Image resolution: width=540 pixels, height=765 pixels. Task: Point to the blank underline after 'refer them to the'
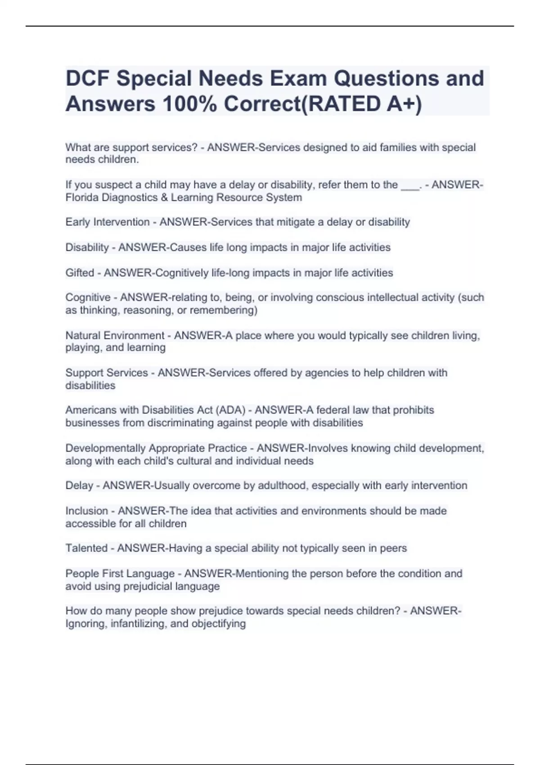(409, 185)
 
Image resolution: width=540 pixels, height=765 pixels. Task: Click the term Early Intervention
(107, 222)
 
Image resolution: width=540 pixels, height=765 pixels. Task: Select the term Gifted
(80, 273)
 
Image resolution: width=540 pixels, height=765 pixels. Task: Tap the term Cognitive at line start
(88, 297)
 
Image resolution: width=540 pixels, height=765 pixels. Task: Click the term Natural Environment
(115, 335)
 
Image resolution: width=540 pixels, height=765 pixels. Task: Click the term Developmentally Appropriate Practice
(156, 448)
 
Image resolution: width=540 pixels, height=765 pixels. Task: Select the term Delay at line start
(79, 486)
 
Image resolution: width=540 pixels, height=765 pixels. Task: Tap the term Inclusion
(86, 511)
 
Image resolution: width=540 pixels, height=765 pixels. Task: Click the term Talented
(86, 548)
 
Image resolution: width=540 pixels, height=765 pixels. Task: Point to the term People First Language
(120, 573)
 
